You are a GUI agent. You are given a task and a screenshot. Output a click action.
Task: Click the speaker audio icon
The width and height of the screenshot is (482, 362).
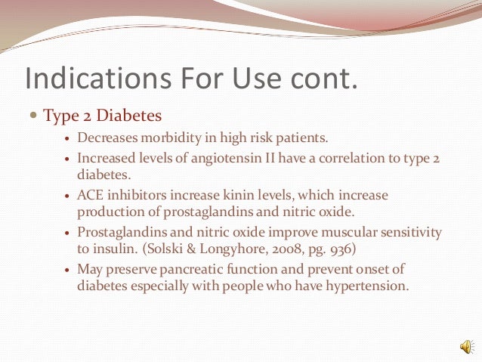(x=466, y=346)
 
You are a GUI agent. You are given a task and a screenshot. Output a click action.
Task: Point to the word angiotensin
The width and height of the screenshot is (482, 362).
(x=236, y=159)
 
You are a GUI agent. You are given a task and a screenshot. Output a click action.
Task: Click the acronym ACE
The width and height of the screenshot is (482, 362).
(x=90, y=194)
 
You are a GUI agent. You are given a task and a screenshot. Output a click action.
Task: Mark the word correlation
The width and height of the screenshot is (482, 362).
(x=344, y=159)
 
